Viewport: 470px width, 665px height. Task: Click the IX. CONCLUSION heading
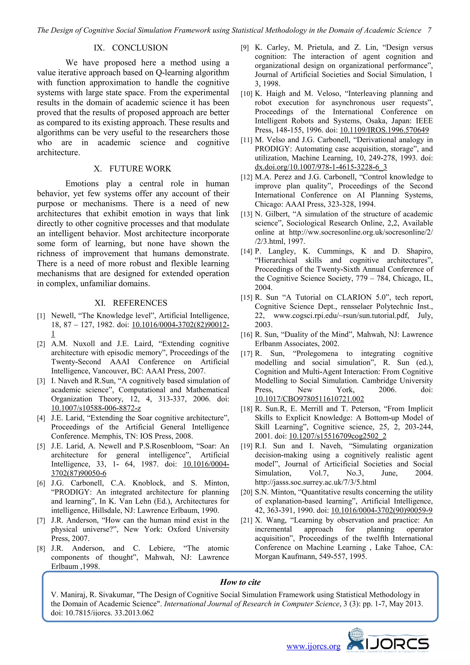pyautogui.click(x=131, y=48)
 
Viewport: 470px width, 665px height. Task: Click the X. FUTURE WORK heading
pyautogui.click(x=133, y=169)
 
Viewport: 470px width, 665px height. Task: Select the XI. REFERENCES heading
pyautogui.click(x=131, y=303)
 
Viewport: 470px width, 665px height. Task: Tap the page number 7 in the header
pyautogui.click(x=429, y=30)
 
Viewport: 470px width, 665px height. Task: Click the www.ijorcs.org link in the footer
pyautogui.click(x=313, y=646)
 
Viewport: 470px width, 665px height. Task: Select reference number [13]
pyautogui.click(x=246, y=214)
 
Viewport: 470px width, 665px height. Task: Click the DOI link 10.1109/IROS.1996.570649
pyautogui.click(x=384, y=130)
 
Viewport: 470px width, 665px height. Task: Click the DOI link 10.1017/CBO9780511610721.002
pyautogui.click(x=309, y=399)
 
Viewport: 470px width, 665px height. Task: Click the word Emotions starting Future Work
pyautogui.click(x=82, y=184)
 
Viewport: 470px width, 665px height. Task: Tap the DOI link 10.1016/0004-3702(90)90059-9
pyautogui.click(x=381, y=510)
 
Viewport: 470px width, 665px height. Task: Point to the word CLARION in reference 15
pyautogui.click(x=354, y=297)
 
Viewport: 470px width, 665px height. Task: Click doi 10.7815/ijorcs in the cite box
pyautogui.click(x=102, y=613)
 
